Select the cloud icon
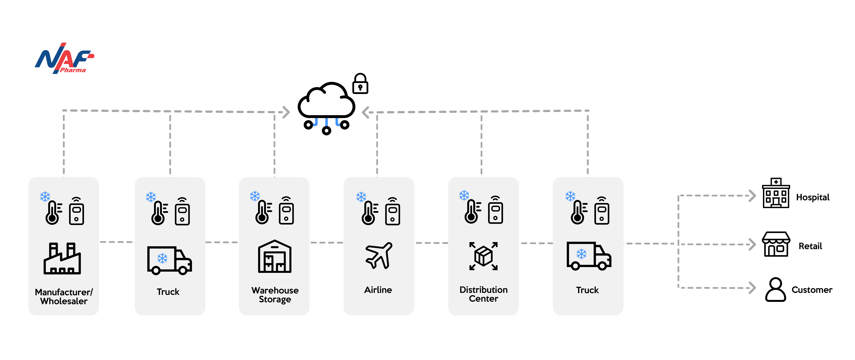click(326, 101)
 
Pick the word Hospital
click(812, 197)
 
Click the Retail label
click(810, 246)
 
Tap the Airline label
click(378, 290)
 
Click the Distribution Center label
click(483, 294)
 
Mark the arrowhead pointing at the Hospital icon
click(752, 196)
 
